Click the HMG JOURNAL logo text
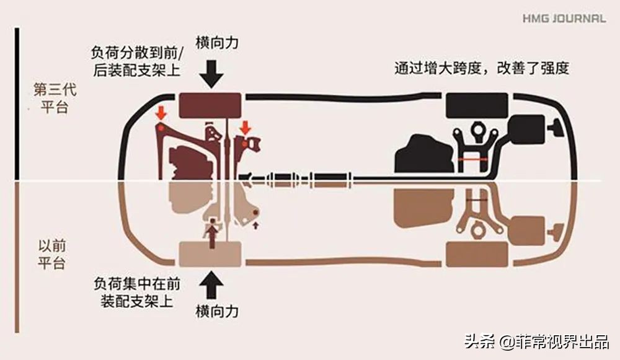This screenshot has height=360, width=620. point(564,19)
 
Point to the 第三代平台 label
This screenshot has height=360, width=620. point(50,97)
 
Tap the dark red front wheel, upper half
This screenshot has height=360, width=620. point(210,105)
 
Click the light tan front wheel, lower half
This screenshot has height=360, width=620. point(210,254)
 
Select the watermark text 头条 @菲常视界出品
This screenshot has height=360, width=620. point(537,341)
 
